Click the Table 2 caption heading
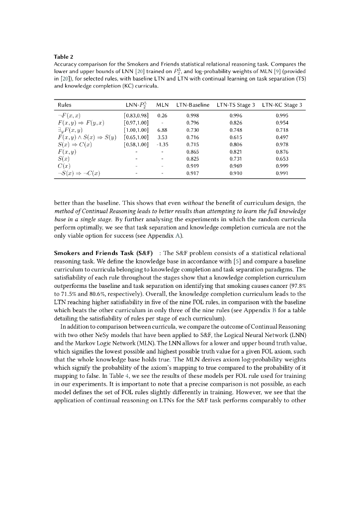62,57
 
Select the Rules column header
64,105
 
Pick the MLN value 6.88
161,130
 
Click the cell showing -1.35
161,144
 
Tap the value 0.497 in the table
282,137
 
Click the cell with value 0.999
282,166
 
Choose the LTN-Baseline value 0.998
192,115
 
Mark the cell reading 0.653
282,159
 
